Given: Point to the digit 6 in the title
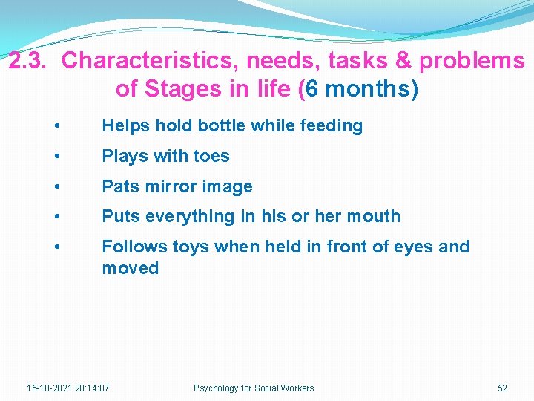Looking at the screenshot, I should click(313, 90).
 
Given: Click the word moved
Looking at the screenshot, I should click(131, 268).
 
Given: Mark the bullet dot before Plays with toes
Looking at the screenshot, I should click(58, 157).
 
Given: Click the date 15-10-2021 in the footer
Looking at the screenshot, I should click(49, 388).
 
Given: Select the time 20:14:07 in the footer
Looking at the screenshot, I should click(92, 388).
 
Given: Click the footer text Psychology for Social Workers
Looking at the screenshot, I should click(254, 388).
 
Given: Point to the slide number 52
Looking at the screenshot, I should click(502, 388).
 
